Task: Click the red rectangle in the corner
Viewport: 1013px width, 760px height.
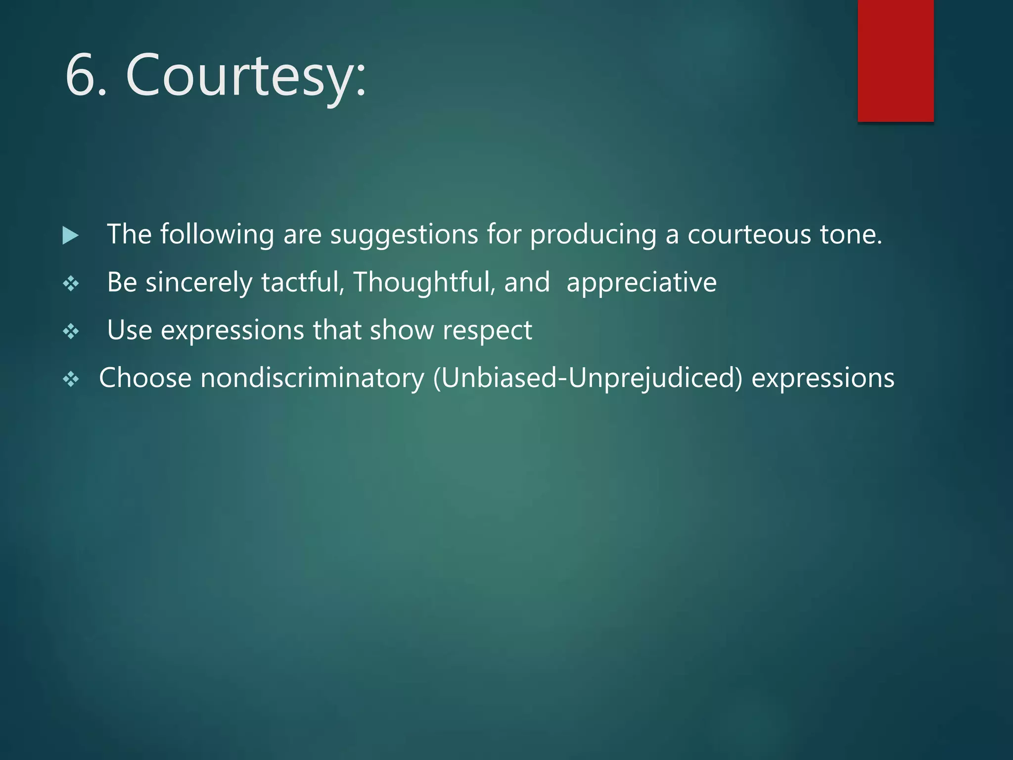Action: (x=895, y=60)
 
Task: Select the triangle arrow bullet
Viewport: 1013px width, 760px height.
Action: (x=70, y=236)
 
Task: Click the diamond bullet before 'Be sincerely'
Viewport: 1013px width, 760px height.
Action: (x=71, y=284)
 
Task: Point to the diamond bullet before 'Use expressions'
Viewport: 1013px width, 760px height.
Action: (x=71, y=332)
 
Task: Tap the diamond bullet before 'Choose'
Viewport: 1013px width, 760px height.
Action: (x=71, y=380)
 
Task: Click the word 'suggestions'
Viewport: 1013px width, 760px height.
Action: (x=404, y=235)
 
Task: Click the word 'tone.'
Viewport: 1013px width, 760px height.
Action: (x=851, y=235)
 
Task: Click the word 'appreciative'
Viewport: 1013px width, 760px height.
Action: (x=641, y=283)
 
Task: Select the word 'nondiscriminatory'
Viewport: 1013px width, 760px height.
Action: (x=312, y=379)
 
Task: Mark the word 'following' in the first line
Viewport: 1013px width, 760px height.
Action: (x=217, y=235)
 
